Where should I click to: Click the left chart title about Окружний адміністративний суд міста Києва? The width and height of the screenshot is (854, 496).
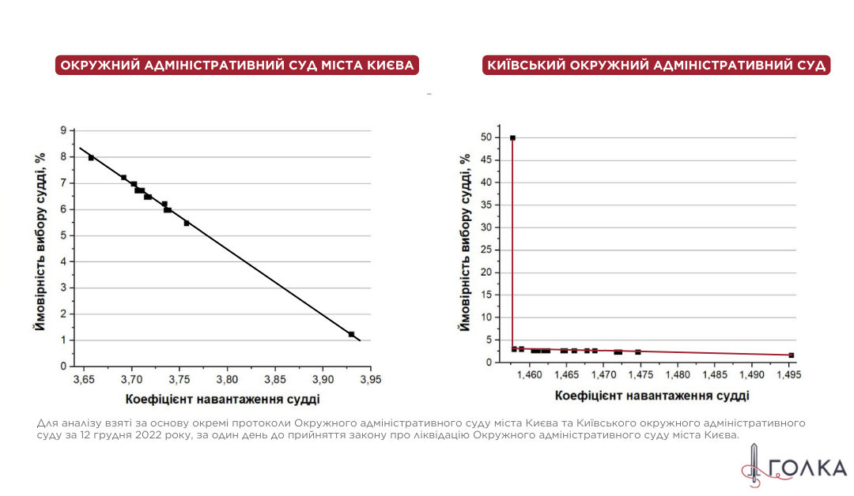pyautogui.click(x=237, y=65)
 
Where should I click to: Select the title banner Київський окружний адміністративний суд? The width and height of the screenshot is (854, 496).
pyautogui.click(x=656, y=65)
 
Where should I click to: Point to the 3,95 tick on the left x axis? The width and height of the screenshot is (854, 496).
pyautogui.click(x=370, y=379)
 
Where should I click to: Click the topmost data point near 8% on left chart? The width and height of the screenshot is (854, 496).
pyautogui.click(x=91, y=158)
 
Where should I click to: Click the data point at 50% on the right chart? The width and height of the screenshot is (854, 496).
pyautogui.click(x=512, y=138)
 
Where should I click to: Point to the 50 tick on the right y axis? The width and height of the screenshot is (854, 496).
pyautogui.click(x=488, y=137)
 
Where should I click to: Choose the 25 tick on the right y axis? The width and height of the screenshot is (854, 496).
pyautogui.click(x=488, y=250)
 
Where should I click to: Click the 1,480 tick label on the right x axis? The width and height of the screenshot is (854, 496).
pyautogui.click(x=678, y=374)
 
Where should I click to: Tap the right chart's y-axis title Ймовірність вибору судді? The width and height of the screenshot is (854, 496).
pyautogui.click(x=465, y=241)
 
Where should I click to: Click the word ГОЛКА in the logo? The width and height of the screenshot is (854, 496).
pyautogui.click(x=807, y=468)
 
